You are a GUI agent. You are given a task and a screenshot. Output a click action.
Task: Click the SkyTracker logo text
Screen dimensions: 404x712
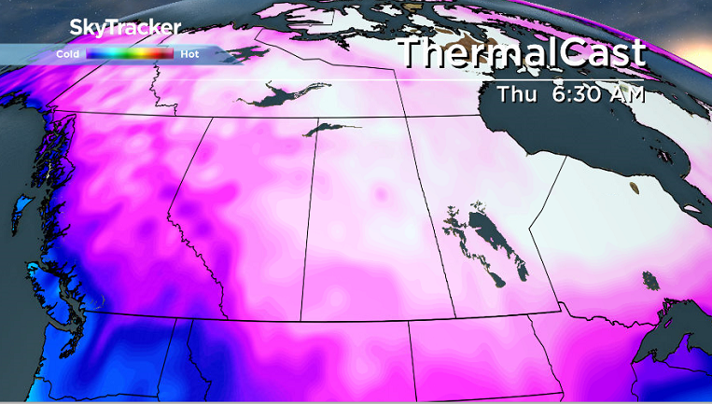tap(125, 28)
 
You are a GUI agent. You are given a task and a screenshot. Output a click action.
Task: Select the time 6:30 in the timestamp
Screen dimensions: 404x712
tap(578, 94)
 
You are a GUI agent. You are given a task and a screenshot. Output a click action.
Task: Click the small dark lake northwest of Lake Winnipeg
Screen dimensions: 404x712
tap(454, 224)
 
